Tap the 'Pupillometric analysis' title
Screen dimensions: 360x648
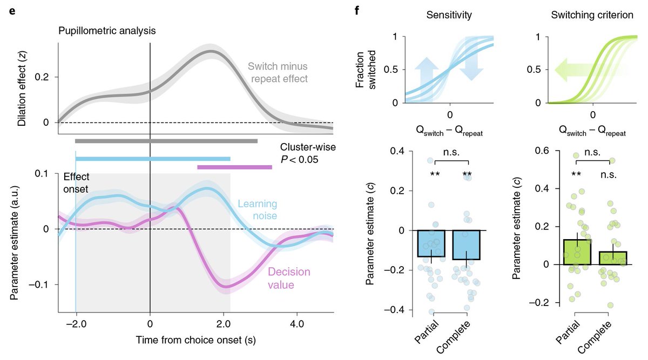pyautogui.click(x=107, y=31)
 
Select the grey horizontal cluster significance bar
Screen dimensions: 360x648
pyautogui.click(x=166, y=141)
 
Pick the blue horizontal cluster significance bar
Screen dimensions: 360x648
pyautogui.click(x=153, y=158)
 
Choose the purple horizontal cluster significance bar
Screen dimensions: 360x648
pyautogui.click(x=234, y=167)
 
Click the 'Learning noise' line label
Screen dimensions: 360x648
pyautogui.click(x=258, y=210)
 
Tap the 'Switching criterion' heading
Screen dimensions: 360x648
pyautogui.click(x=592, y=16)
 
